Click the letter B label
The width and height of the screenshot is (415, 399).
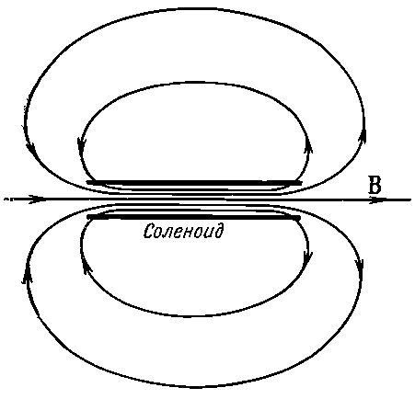pyautogui.click(x=375, y=185)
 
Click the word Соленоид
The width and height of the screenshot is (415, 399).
pyautogui.click(x=183, y=231)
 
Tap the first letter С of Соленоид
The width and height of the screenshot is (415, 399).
pyautogui.click(x=149, y=231)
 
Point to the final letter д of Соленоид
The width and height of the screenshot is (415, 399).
pyautogui.click(x=217, y=232)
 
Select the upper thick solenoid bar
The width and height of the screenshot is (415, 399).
pyautogui.click(x=194, y=183)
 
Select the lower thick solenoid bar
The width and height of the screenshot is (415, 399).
pyautogui.click(x=194, y=217)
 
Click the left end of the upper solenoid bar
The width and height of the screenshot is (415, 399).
pyautogui.click(x=87, y=183)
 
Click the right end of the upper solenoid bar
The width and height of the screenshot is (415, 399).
pyautogui.click(x=301, y=183)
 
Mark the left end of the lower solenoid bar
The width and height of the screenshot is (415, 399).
pyautogui.click(x=87, y=217)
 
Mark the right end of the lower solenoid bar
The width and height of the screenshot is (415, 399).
pyautogui.click(x=300, y=217)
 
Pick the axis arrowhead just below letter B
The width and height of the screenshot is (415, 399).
pyautogui.click(x=376, y=199)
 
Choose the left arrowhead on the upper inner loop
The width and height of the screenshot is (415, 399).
pyautogui.click(x=82, y=146)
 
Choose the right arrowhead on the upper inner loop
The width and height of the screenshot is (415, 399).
pyautogui.click(x=308, y=146)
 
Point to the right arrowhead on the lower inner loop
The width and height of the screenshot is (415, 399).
pyautogui.click(x=307, y=256)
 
